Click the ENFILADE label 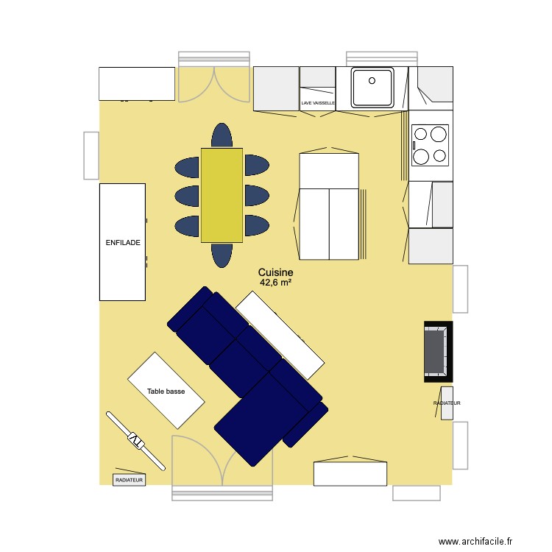(x=122, y=242)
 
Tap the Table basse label (x=166, y=392)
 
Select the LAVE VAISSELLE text (x=318, y=104)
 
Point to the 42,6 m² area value (x=276, y=282)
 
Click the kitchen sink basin (x=372, y=87)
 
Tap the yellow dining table (x=222, y=195)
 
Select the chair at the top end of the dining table (x=222, y=135)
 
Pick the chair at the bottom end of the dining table (x=222, y=255)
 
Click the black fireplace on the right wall (x=437, y=352)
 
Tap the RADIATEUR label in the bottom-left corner (x=130, y=480)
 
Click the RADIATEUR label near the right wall (x=447, y=403)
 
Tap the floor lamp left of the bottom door (x=135, y=440)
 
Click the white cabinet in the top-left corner (x=137, y=83)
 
